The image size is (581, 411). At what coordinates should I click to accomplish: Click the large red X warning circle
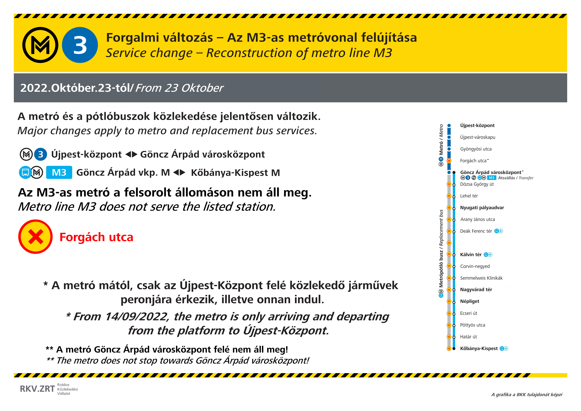[x=35, y=237]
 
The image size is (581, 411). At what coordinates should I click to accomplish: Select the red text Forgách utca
[x=96, y=237]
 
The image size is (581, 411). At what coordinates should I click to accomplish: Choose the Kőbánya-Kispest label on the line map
[x=479, y=348]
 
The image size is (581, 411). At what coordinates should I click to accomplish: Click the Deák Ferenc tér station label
[x=476, y=231]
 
